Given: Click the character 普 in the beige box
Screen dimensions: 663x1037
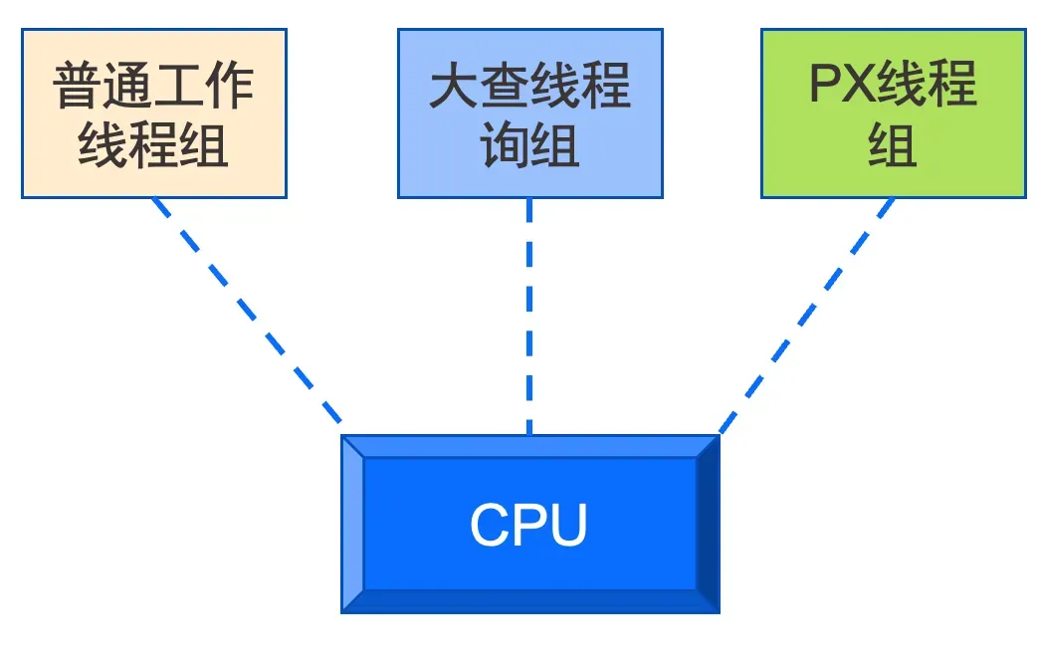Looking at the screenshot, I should click(79, 86).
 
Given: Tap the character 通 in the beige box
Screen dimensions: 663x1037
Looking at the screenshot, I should click(129, 86).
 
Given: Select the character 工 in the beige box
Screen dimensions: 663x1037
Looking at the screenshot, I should click(180, 86).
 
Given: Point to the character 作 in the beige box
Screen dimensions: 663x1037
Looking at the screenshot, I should click(230, 86).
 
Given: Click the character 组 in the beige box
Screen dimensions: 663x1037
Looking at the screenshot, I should click(204, 145).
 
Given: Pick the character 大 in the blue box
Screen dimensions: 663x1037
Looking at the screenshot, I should click(454, 88).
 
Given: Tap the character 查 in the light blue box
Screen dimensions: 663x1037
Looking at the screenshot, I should click(505, 88).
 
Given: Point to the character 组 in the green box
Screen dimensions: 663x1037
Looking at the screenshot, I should click(893, 145).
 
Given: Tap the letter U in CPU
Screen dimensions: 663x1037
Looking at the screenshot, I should click(567, 525).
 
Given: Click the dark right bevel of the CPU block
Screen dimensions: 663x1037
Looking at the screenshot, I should click(708, 525).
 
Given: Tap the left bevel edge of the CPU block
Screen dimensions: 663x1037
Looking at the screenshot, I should click(352, 525).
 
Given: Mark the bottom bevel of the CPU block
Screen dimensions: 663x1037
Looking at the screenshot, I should click(529, 602).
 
